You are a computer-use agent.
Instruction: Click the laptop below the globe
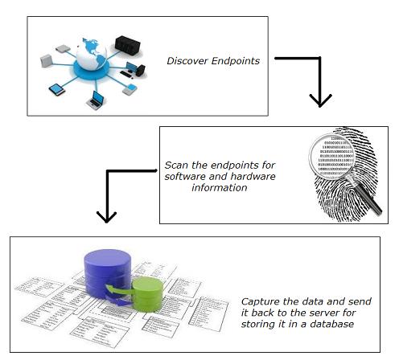(x=97, y=100)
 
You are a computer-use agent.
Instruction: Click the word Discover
(x=186, y=60)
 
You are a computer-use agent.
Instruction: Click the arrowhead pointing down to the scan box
(x=320, y=100)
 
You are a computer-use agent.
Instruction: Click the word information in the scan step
(x=220, y=187)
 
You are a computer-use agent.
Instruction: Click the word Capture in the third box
(x=261, y=301)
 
